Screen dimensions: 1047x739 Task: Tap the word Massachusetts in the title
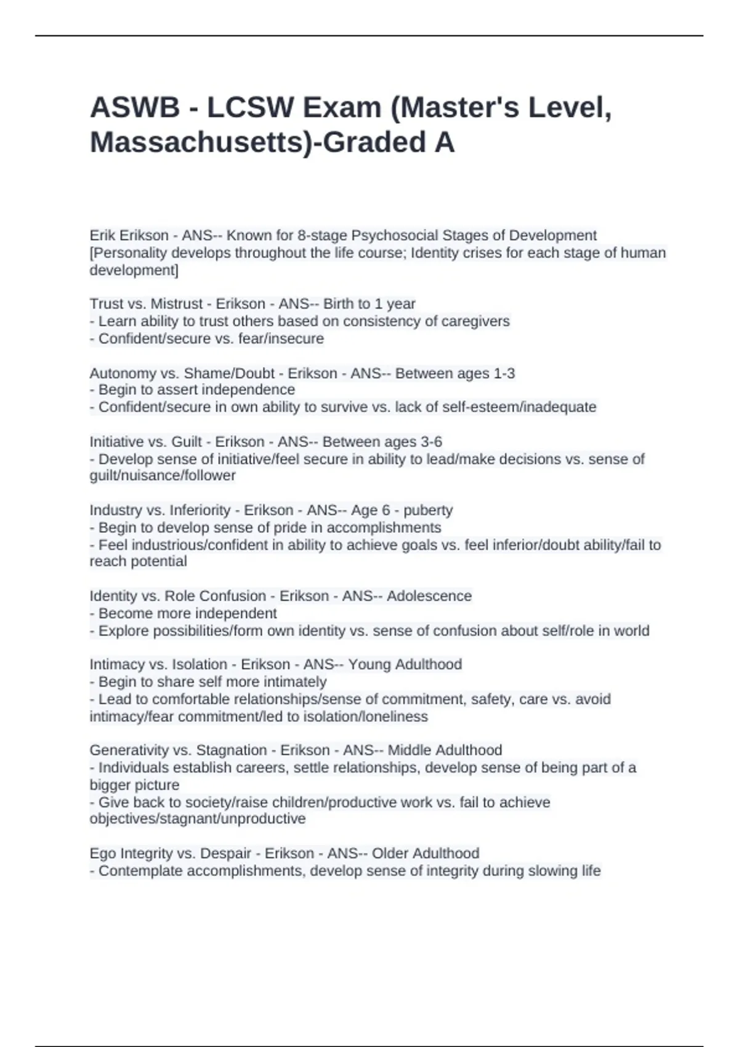(x=203, y=143)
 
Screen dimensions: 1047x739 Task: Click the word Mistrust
(x=177, y=304)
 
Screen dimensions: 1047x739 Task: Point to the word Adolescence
(x=429, y=596)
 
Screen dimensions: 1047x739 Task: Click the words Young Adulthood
(x=405, y=664)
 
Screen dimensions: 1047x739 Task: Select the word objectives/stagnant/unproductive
(x=198, y=819)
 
